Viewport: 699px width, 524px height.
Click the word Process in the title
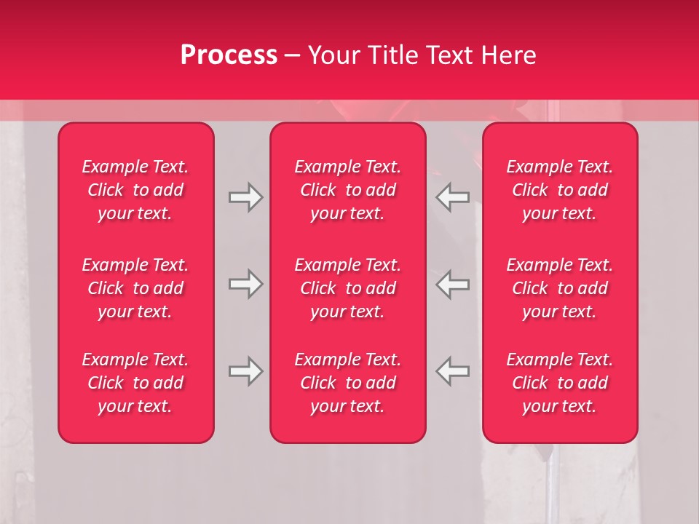pyautogui.click(x=229, y=55)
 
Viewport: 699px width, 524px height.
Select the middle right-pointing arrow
pyautogui.click(x=245, y=284)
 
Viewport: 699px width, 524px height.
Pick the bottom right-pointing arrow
pyautogui.click(x=245, y=371)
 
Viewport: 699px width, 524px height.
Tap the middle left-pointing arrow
pyautogui.click(x=453, y=284)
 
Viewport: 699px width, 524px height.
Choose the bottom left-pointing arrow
pyautogui.click(x=453, y=371)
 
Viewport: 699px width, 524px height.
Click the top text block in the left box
pyautogui.click(x=135, y=190)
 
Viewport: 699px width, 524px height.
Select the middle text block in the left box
pyautogui.click(x=135, y=288)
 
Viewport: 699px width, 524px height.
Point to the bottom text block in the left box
pyautogui.click(x=135, y=383)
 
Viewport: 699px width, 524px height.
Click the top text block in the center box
pyautogui.click(x=348, y=190)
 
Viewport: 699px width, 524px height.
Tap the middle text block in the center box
pyautogui.click(x=348, y=288)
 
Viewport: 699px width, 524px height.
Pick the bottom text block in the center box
pyautogui.click(x=348, y=383)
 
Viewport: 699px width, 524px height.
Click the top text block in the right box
pyautogui.click(x=560, y=190)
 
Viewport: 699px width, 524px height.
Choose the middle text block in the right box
pyautogui.click(x=560, y=288)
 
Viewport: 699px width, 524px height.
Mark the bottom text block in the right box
pyautogui.click(x=560, y=383)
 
